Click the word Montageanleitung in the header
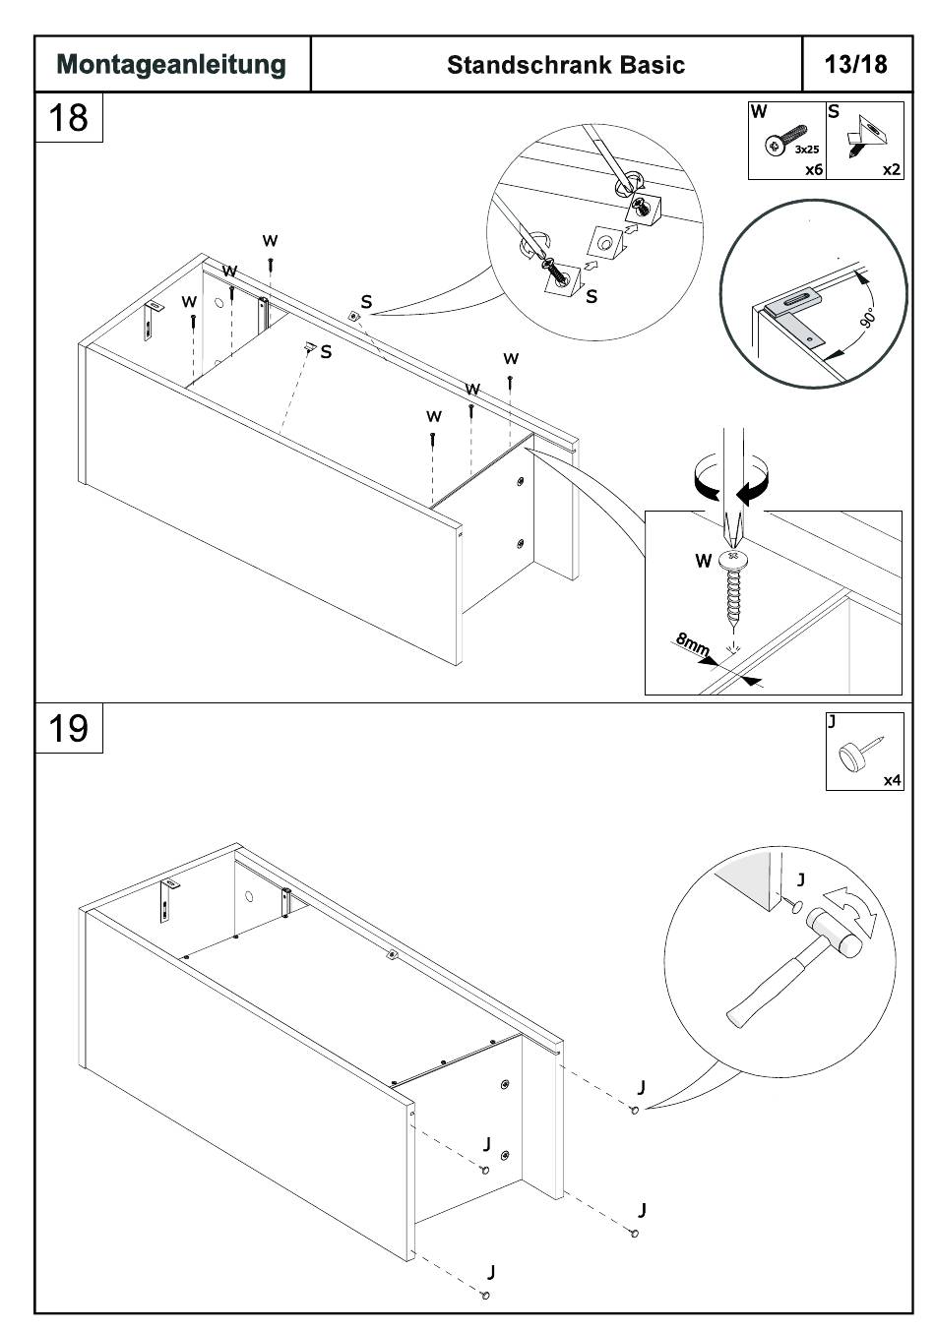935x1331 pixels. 171,65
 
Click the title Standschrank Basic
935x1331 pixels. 565,65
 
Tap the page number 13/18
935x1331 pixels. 855,64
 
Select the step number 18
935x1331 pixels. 68,118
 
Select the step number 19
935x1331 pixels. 68,729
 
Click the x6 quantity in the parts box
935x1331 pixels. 813,169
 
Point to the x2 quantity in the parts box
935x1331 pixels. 891,169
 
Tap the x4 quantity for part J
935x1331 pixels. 892,780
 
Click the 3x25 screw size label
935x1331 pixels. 807,150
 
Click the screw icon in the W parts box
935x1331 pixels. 784,141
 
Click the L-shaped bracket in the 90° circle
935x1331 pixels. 792,313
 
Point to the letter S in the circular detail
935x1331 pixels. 591,296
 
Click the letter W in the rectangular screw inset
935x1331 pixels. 703,561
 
